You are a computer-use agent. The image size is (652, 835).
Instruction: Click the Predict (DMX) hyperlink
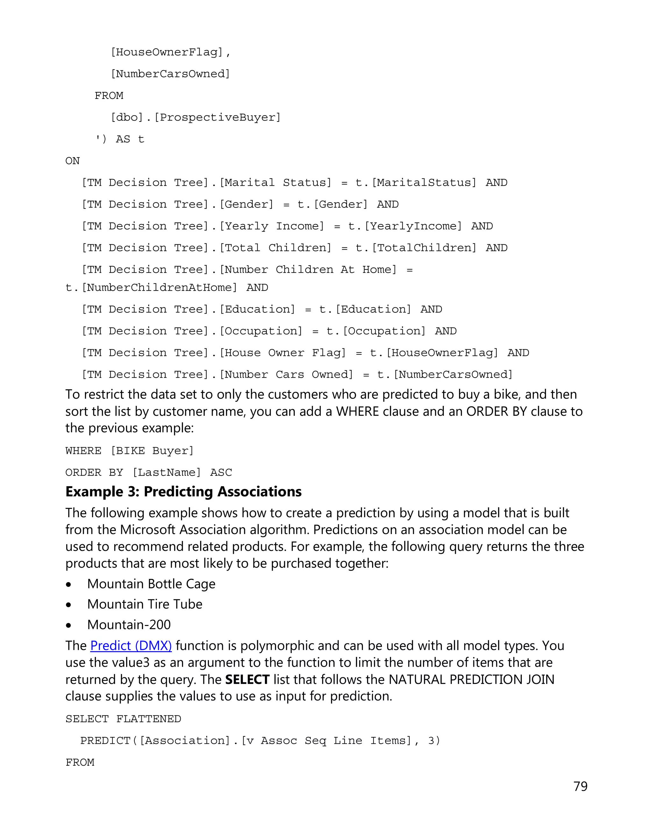point(131,646)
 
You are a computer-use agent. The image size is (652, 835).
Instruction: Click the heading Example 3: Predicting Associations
point(183,492)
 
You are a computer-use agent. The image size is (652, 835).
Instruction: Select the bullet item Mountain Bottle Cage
point(151,584)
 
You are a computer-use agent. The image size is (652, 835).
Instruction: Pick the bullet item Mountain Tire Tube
point(145,604)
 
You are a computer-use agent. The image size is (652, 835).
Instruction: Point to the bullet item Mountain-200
point(129,625)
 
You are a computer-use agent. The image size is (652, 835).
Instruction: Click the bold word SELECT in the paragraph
point(247,679)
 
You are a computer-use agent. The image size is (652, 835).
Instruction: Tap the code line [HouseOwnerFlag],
point(170,52)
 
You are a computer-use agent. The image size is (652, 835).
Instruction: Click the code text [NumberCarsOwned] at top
point(170,74)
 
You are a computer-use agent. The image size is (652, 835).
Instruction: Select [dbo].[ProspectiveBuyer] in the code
point(195,117)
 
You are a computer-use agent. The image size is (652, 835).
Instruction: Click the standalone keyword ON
point(72,161)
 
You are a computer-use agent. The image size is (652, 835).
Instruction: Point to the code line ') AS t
point(119,139)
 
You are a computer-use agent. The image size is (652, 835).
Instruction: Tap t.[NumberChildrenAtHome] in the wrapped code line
point(152,288)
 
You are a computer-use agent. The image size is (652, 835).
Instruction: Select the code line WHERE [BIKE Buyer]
point(129,451)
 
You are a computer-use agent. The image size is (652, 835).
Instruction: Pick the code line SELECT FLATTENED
point(123,719)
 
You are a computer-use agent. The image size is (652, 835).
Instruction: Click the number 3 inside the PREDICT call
point(432,741)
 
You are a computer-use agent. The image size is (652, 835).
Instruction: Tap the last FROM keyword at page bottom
point(80,763)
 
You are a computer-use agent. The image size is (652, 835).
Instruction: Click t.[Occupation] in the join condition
point(376,331)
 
